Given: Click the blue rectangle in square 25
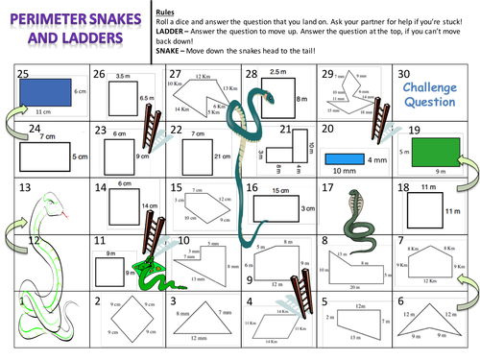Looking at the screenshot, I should (x=41, y=93).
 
